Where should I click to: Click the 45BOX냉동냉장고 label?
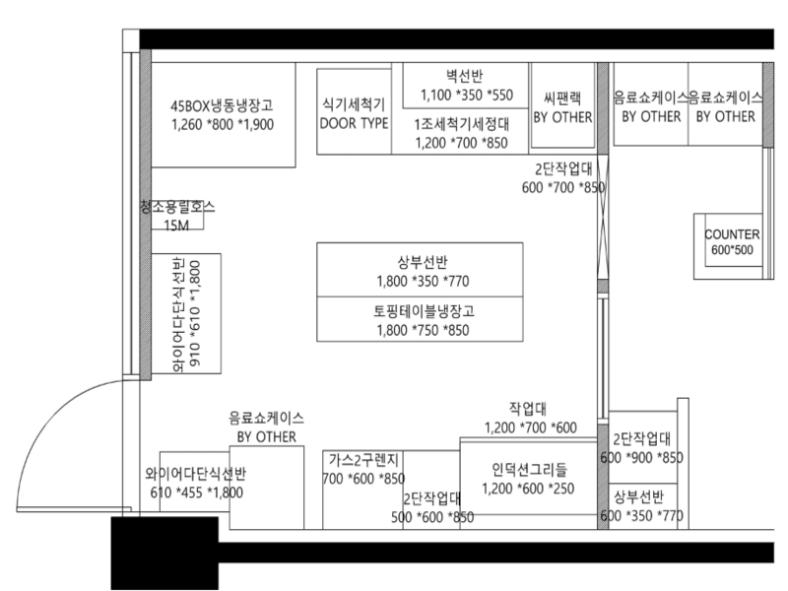click(222, 105)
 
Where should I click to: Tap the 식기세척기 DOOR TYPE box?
click(355, 111)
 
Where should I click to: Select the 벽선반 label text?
click(465, 76)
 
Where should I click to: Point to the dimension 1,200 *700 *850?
click(461, 143)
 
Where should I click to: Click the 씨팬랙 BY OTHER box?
click(562, 105)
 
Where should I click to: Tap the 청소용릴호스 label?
click(177, 207)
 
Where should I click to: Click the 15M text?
click(176, 226)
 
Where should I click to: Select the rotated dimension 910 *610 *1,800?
click(195, 313)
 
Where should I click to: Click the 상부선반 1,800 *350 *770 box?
click(420, 270)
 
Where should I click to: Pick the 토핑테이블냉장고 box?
click(420, 319)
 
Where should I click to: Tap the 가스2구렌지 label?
click(363, 459)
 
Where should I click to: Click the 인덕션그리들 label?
click(529, 470)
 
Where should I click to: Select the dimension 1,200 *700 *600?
click(531, 427)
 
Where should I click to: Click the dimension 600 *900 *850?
click(642, 458)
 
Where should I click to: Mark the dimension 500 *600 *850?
click(432, 517)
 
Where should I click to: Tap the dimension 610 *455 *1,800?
click(196, 492)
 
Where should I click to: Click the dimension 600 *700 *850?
click(562, 187)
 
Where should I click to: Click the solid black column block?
click(164, 553)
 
